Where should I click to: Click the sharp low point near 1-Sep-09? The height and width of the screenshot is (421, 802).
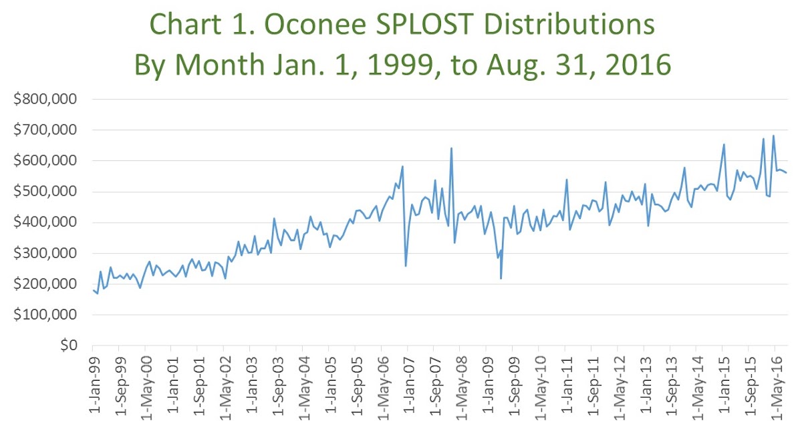pos(501,279)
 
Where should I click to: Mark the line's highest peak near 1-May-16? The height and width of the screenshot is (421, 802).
pos(774,136)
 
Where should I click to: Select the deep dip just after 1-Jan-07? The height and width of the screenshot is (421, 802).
pos(406,266)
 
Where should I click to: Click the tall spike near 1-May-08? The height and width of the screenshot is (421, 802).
pos(452,148)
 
